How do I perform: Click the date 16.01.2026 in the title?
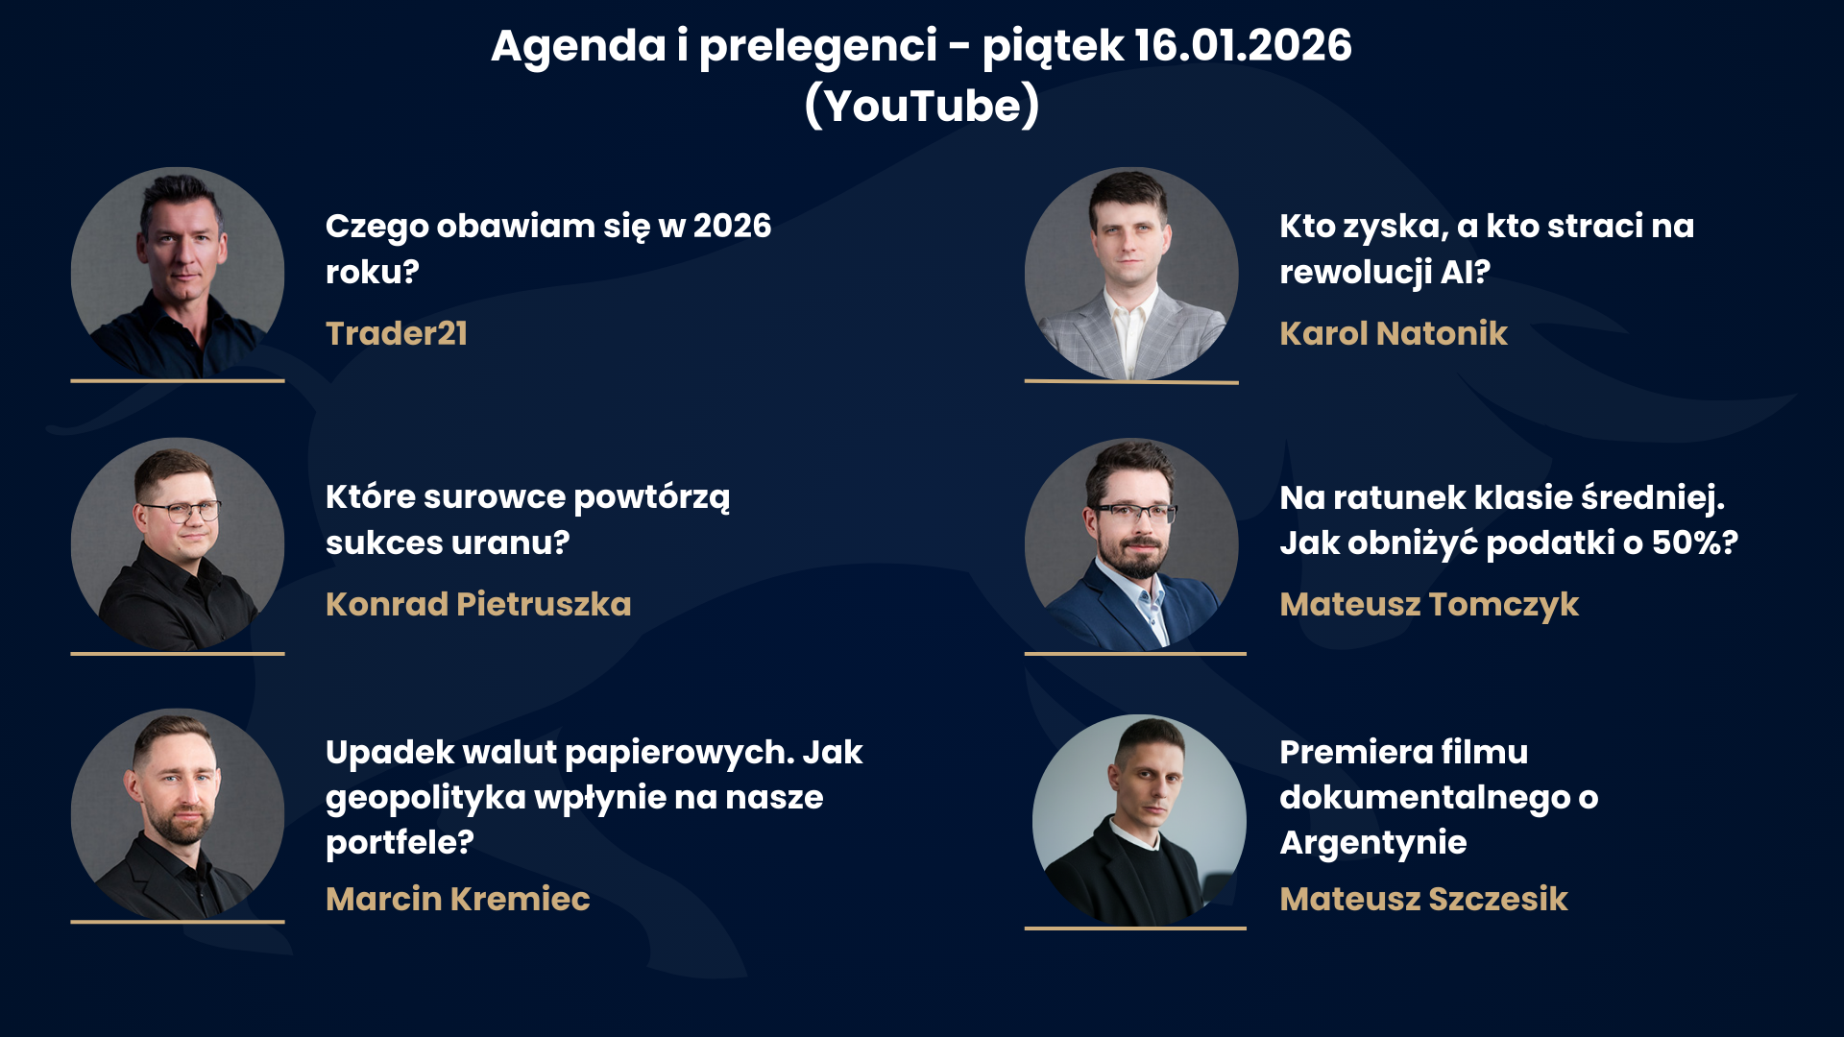(1243, 45)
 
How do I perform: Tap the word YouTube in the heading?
(923, 105)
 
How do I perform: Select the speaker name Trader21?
(397, 333)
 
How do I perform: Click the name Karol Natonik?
(1394, 333)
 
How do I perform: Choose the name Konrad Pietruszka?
(478, 604)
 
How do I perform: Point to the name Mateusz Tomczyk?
(1429, 604)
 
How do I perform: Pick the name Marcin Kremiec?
(458, 899)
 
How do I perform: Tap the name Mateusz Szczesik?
(1423, 899)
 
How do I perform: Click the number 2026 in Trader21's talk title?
(732, 226)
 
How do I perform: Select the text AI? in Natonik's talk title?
(1465, 272)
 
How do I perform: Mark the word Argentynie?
(1373, 842)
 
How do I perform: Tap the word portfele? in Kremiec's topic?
(400, 842)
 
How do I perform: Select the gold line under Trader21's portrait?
(178, 381)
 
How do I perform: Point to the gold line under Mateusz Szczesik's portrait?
(1135, 928)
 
